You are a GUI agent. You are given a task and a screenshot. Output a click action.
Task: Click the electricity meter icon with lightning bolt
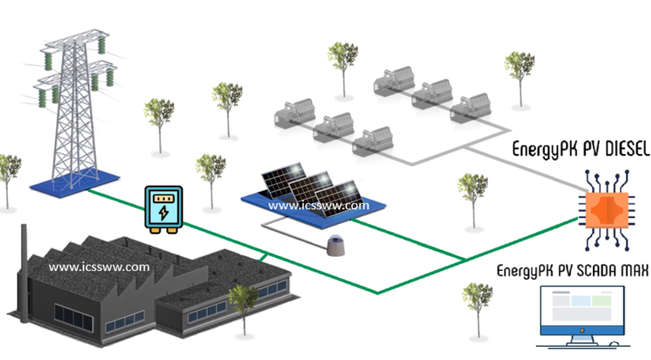pyautogui.click(x=163, y=208)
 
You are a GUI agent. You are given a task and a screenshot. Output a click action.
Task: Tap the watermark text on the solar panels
pyautogui.click(x=318, y=205)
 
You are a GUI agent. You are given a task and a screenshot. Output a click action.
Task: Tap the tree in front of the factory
pyautogui.click(x=243, y=306)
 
